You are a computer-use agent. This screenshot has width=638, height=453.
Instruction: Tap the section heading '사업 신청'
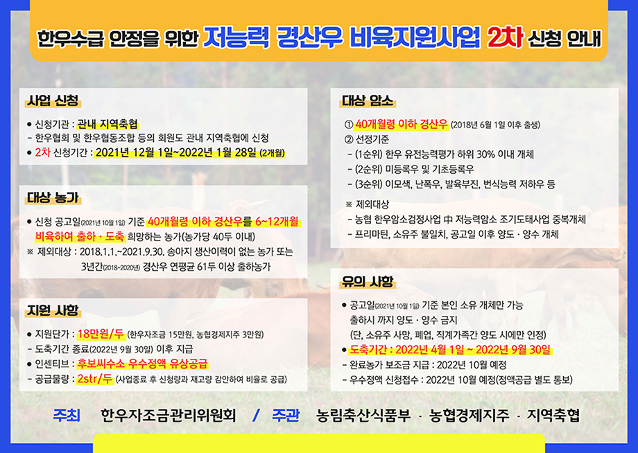53,100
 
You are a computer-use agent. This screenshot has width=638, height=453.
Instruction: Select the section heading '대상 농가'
53,198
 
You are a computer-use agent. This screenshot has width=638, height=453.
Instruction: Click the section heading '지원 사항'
53,311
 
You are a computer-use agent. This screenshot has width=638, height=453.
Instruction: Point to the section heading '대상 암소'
368,100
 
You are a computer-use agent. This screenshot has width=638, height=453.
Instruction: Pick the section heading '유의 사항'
368,281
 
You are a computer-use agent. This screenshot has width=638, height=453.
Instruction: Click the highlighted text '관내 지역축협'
107,124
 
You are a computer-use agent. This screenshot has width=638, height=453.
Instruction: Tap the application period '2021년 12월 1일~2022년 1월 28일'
176,153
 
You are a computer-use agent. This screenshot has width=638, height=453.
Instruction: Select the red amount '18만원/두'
101,334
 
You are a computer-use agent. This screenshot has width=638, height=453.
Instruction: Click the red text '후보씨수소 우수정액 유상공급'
142,363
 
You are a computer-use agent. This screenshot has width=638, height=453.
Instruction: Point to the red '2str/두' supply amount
95,379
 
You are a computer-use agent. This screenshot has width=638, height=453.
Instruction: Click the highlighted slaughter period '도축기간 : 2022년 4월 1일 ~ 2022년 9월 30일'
450,349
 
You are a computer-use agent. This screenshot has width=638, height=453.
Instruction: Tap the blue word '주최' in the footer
67,415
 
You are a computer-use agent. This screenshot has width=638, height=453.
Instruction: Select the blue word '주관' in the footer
286,415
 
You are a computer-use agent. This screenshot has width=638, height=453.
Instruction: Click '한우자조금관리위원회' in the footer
168,415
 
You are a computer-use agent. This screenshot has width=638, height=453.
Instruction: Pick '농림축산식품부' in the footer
364,415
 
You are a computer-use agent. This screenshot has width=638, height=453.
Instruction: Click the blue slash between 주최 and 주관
256,415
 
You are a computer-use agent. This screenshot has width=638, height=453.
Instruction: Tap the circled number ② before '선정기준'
349,140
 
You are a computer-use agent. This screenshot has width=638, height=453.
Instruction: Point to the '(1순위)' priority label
369,154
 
